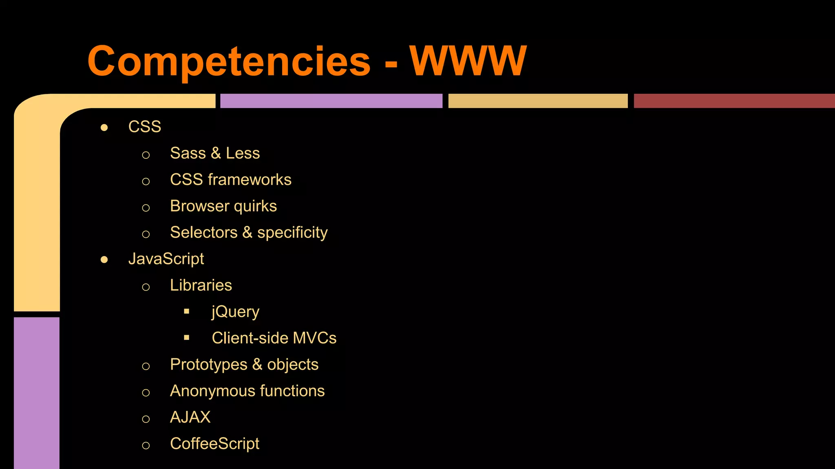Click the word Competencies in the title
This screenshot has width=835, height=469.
pos(229,61)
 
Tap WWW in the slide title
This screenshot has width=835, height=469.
pos(468,61)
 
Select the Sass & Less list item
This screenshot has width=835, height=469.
pos(215,153)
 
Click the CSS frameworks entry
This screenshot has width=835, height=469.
pos(231,180)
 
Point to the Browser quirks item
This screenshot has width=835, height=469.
pos(223,206)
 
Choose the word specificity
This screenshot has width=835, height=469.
pos(292,233)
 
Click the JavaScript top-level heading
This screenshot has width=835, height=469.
pos(166,259)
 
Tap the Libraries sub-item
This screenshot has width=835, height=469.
pos(201,285)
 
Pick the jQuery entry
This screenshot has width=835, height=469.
pos(235,312)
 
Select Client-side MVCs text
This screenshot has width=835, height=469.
pos(274,338)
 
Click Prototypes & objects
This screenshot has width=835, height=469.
pos(244,365)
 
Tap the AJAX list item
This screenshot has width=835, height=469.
pos(190,417)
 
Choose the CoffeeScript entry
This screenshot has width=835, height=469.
pos(214,444)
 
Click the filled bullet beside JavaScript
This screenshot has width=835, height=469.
pos(104,260)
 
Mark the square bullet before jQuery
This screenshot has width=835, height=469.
pos(187,311)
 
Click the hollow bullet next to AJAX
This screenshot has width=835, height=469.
pos(146,419)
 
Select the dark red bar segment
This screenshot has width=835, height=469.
pos(734,101)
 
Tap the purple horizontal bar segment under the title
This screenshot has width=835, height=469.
pos(331,101)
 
